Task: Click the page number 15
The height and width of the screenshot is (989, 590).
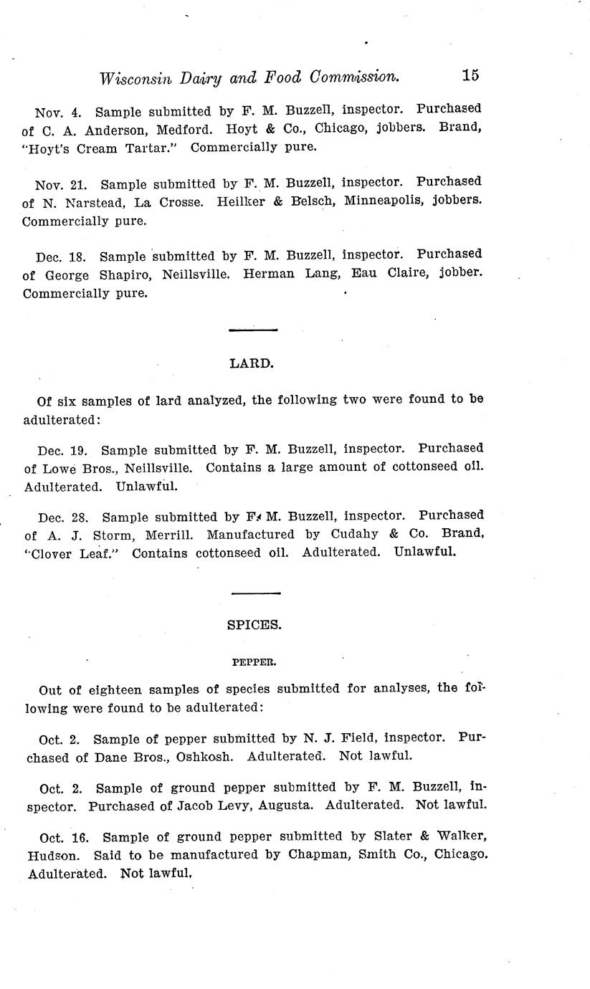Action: coord(470,75)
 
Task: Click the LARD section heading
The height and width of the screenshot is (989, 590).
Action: coord(252,363)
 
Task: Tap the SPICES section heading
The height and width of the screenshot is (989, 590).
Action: coord(254,625)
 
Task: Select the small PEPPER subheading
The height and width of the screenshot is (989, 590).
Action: coord(254,663)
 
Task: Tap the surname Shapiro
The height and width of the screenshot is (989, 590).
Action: coord(120,274)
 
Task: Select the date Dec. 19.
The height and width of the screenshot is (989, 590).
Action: coord(62,451)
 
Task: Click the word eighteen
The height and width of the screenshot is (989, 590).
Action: coord(125,690)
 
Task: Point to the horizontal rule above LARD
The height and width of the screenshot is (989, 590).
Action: coord(252,330)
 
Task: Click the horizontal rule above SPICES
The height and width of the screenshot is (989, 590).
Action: coord(255,593)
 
